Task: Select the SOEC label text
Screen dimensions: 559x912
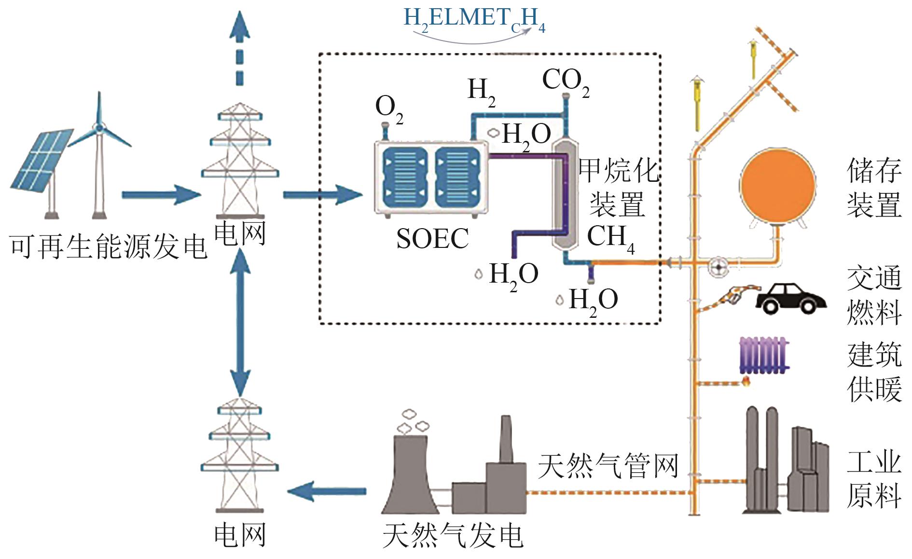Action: click(x=432, y=238)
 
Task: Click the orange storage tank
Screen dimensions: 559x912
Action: click(x=777, y=186)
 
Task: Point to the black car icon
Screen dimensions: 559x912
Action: click(x=790, y=298)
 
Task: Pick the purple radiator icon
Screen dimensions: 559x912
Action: click(x=764, y=355)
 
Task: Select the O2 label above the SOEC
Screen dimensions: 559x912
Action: click(x=388, y=108)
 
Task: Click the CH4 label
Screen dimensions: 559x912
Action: click(x=610, y=237)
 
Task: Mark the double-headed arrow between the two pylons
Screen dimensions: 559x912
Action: click(x=240, y=323)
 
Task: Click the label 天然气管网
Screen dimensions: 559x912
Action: click(x=608, y=466)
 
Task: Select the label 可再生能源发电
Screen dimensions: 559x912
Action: click(x=109, y=247)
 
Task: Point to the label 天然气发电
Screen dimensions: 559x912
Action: click(x=453, y=535)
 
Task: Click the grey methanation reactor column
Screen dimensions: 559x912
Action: click(x=565, y=193)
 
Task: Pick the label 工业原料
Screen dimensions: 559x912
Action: click(x=874, y=479)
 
